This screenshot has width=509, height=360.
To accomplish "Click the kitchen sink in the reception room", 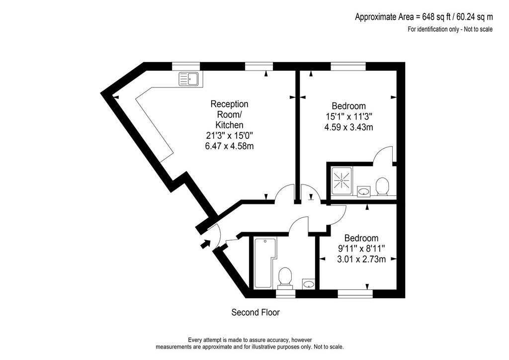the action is tap(188, 79).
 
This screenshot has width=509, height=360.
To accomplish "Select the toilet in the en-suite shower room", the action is tap(382, 186).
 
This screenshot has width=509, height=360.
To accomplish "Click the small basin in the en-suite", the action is tap(364, 191).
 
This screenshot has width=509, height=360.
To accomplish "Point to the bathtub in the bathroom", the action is tap(265, 263).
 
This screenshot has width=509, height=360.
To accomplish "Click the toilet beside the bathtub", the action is tap(285, 277).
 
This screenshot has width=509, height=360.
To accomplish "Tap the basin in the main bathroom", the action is tap(308, 284).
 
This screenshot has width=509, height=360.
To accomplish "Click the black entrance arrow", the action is tap(205, 244).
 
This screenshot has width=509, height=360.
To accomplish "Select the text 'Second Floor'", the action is tap(255, 312).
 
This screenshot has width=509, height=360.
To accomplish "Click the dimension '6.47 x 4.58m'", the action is tap(229, 146).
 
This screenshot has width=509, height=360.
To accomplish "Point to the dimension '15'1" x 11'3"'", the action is tap(348, 116).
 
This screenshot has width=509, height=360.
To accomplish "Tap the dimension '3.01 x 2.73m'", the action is tap(361, 259).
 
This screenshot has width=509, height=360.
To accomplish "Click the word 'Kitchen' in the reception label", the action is tap(230, 125).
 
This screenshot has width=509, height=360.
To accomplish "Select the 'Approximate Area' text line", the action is tap(424, 16).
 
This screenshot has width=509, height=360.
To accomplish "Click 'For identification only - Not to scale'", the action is tap(450, 29).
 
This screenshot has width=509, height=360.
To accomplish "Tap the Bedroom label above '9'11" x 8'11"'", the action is tap(361, 238).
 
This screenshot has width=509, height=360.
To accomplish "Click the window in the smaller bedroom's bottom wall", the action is tap(355, 294).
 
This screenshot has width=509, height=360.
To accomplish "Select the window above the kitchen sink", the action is tap(186, 66).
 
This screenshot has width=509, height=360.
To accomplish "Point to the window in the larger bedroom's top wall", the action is tap(348, 66).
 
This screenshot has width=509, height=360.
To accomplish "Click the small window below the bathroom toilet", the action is tap(285, 294).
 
